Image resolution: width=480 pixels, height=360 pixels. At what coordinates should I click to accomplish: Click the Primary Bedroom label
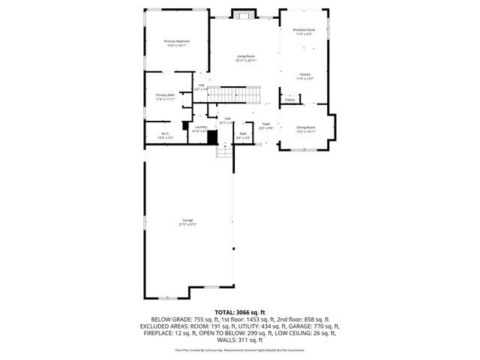[x=177, y=43]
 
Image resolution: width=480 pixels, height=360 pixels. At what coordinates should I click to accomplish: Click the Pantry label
[x=289, y=99]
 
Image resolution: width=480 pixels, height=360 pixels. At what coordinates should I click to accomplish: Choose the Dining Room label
[x=305, y=129]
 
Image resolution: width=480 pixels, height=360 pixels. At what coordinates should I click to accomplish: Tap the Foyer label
[x=265, y=126]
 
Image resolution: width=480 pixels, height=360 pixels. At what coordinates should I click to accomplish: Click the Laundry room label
[x=200, y=128]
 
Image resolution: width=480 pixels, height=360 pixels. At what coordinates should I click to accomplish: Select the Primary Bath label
[x=165, y=97]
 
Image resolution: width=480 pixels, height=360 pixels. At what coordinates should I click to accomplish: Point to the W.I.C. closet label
[x=165, y=136]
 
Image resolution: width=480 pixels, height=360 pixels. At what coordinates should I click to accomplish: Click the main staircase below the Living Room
[x=233, y=94]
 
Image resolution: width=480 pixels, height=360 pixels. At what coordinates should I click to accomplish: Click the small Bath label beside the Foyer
[x=243, y=136]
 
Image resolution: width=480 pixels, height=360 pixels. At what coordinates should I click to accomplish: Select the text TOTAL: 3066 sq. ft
[x=239, y=312]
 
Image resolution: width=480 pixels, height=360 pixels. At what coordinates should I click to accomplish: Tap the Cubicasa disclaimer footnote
[x=239, y=349]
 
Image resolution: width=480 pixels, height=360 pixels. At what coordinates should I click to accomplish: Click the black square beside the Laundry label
[x=212, y=137]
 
